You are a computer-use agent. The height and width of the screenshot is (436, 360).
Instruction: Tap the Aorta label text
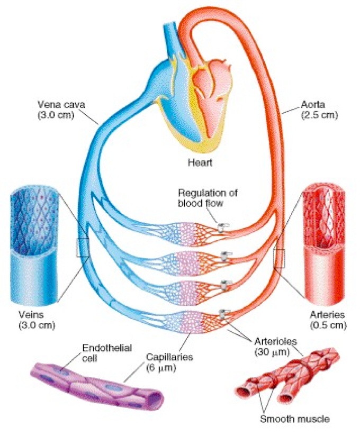tap(313, 105)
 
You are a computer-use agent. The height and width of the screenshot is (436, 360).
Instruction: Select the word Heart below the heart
tap(200, 162)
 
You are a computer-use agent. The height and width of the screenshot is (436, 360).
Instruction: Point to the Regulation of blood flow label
tap(208, 198)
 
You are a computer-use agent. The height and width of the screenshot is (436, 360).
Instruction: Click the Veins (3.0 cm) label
tap(37, 320)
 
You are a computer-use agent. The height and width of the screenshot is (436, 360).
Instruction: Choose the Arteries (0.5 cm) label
tap(328, 320)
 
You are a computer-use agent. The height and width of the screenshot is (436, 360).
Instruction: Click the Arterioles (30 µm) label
tap(275, 346)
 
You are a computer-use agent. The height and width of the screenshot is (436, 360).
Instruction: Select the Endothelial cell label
tap(107, 352)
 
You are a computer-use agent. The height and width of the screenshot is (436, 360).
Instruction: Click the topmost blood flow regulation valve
tap(222, 227)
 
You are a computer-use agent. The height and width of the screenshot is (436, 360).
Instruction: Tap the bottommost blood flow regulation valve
tap(223, 314)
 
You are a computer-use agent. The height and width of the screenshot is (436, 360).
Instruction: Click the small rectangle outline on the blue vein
tap(83, 248)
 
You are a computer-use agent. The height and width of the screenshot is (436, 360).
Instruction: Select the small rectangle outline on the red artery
tap(280, 259)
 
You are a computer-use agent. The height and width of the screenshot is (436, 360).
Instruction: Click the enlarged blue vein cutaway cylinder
tap(34, 246)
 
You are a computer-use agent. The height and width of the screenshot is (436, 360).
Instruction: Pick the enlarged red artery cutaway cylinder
tap(325, 243)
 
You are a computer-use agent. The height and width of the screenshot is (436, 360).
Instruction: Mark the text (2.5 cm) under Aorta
tap(319, 115)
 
